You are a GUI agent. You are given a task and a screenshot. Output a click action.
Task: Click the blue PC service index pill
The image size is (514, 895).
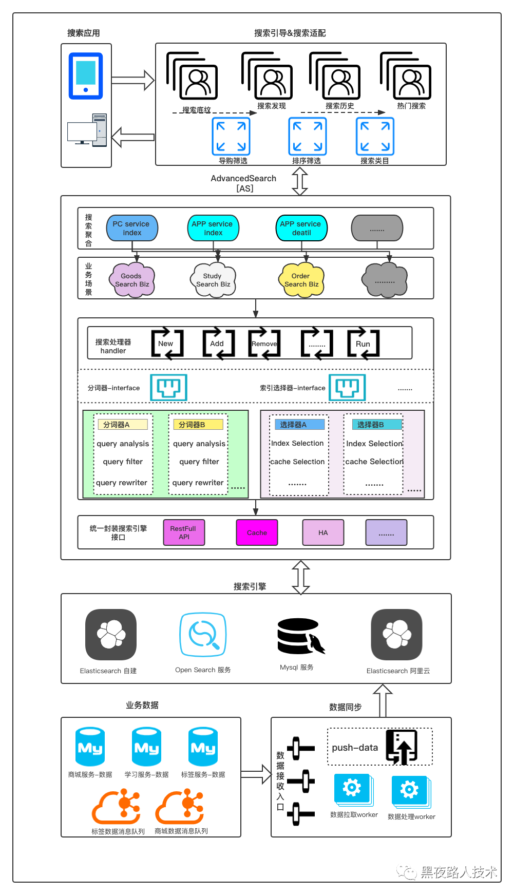tap(132, 228)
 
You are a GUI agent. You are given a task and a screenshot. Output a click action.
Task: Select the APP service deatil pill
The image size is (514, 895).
tap(301, 228)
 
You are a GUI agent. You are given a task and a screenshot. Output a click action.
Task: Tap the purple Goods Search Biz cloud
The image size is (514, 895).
tap(132, 280)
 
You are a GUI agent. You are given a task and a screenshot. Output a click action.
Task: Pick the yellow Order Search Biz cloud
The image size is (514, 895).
tap(301, 280)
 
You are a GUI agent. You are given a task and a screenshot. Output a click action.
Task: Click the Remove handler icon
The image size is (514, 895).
tap(264, 343)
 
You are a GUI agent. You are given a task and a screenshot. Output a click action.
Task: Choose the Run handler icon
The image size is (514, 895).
tap(363, 343)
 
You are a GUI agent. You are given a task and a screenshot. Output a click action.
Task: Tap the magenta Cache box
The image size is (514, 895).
tap(257, 532)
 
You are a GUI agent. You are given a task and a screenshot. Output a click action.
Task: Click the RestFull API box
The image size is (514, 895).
tap(184, 532)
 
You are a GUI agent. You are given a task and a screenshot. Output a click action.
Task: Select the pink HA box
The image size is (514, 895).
tap(323, 532)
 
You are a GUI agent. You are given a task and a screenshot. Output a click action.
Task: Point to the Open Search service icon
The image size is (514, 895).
tap(203, 635)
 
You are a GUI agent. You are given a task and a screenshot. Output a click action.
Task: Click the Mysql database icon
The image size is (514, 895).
tap(300, 636)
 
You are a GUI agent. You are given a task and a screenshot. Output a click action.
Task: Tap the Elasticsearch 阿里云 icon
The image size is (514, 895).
tap(397, 635)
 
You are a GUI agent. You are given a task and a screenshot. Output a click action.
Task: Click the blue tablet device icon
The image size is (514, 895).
tap(86, 75)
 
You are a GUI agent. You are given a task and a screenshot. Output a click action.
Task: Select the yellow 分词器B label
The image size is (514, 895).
tap(198, 425)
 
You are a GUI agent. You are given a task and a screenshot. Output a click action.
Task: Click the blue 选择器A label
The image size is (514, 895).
tap(299, 425)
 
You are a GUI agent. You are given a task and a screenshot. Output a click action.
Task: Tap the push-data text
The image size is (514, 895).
tap(355, 748)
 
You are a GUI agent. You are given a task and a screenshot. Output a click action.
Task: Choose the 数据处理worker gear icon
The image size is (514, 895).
tap(409, 790)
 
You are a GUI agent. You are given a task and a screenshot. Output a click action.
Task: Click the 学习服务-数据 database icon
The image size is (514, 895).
tap(146, 747)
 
